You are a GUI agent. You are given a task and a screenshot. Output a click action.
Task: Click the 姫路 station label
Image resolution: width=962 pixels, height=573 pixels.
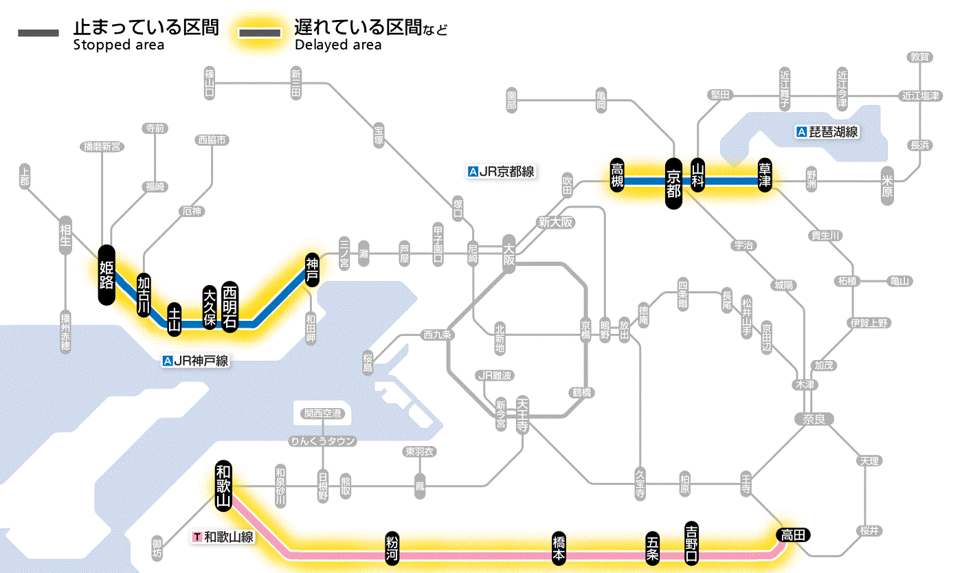(x=107, y=274)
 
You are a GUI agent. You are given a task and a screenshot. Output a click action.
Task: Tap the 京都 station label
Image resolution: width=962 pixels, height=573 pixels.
(x=673, y=183)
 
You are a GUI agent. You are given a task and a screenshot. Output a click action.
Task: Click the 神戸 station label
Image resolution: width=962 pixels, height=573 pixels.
(x=313, y=270)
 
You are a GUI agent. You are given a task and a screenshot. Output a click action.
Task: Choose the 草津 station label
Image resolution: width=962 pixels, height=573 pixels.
(x=765, y=177)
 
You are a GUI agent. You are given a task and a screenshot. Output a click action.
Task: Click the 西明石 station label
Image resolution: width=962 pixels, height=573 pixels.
(x=230, y=306)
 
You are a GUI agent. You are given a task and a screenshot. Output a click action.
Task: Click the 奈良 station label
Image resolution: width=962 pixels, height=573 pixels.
(x=814, y=418)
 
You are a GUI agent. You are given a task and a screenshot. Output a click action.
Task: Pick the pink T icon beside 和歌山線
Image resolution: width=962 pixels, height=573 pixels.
(x=198, y=537)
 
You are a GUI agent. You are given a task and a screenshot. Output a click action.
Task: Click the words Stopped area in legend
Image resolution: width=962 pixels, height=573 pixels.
(x=119, y=45)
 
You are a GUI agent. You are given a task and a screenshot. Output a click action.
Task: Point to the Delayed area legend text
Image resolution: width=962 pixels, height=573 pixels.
(x=338, y=45)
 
